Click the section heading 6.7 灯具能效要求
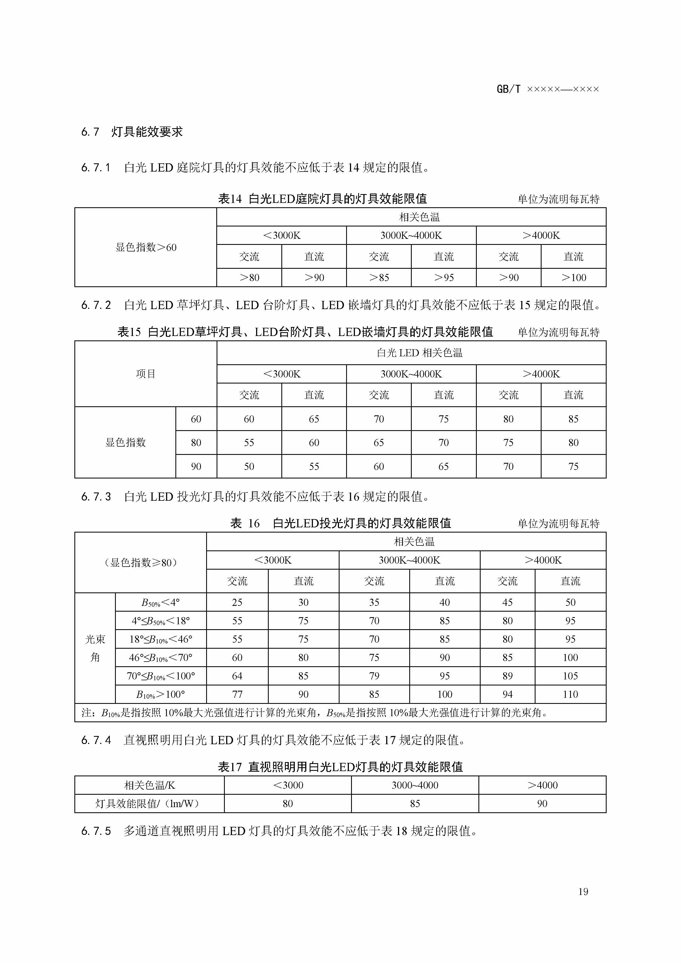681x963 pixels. pyautogui.click(x=132, y=132)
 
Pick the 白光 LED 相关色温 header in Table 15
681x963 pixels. pyautogui.click(x=419, y=353)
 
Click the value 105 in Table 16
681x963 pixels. pyautogui.click(x=570, y=676)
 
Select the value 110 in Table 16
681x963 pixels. pyautogui.click(x=570, y=695)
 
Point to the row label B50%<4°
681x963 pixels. pyautogui.click(x=161, y=603)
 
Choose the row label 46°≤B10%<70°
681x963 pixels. pyautogui.click(x=161, y=658)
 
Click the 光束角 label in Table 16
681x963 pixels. pyautogui.click(x=95, y=648)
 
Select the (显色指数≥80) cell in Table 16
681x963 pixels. pyautogui.click(x=141, y=562)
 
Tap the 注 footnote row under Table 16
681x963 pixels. pyautogui.click(x=315, y=713)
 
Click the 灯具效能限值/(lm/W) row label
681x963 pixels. pyautogui.click(x=149, y=804)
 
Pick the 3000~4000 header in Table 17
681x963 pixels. pyautogui.click(x=415, y=785)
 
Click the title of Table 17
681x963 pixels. pyautogui.click(x=340, y=767)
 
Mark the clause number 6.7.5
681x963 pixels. pyautogui.click(x=96, y=831)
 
